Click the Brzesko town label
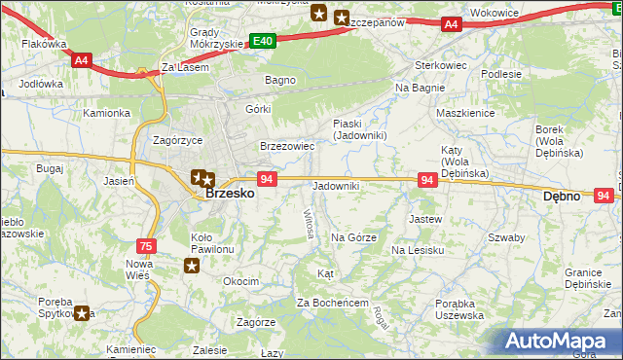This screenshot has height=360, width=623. pos(231,194)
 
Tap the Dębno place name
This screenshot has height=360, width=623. pos(561,196)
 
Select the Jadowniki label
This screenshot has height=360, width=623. pos(336,185)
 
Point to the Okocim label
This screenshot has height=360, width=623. pos(240,281)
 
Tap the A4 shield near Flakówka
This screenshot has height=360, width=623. pos(82,59)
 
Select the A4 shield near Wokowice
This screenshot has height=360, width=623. pos(450,24)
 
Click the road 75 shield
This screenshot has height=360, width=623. pos(146,246)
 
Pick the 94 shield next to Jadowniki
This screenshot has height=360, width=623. pos(268,179)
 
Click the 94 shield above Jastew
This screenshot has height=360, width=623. pos(426,180)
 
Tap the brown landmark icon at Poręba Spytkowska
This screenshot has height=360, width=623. pos(84,313)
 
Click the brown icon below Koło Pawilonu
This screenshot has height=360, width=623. pos(194,265)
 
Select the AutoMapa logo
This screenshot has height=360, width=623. pos(562,341)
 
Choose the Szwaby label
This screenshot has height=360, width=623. pos(506,237)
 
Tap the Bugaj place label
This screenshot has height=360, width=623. pos(50,168)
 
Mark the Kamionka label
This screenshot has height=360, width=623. pos(106,113)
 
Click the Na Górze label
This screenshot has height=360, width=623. pos(353,237)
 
